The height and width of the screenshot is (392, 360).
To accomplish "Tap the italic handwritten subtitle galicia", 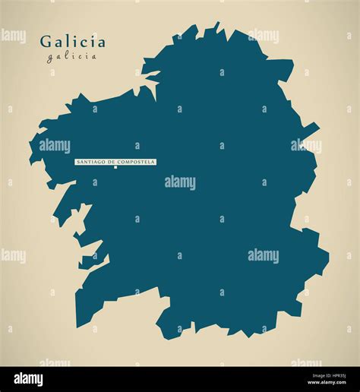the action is click(72, 55).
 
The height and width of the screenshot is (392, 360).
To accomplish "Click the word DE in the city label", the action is click(112, 162).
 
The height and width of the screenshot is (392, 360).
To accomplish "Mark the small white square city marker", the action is click(115, 168).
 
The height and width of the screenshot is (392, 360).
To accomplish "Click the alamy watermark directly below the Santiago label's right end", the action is click(180, 182).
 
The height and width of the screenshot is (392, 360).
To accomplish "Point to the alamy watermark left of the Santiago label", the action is click(55, 146).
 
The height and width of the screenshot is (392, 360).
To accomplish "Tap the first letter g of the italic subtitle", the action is click(49, 56).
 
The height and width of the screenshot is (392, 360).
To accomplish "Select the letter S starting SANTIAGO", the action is click(77, 162).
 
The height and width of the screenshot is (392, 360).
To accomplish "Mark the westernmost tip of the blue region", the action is click(30, 160).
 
